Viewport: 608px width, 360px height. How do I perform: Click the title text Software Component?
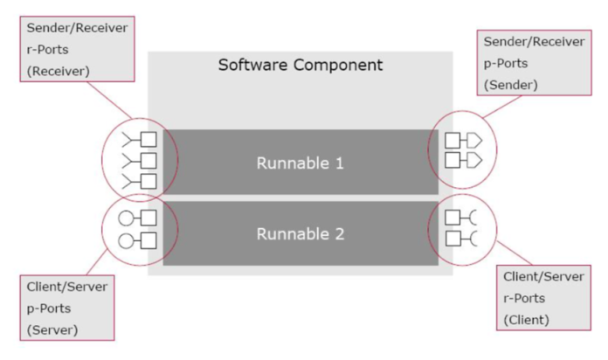[301, 65]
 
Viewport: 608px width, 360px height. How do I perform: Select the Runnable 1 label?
[301, 163]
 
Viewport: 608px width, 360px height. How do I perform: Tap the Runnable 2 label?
[301, 234]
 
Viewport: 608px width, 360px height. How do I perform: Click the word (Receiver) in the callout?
[59, 72]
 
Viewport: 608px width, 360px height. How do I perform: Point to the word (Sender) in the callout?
[511, 85]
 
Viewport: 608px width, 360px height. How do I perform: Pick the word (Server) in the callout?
[52, 330]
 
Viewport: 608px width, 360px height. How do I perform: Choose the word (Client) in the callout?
[526, 320]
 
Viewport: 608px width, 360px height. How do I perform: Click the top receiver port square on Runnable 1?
[149, 139]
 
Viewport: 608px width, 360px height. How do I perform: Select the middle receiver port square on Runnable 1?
[149, 161]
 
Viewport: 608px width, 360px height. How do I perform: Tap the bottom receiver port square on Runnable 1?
[149, 182]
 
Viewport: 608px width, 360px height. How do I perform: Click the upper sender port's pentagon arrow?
[474, 141]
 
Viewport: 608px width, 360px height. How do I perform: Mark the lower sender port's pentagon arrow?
[474, 160]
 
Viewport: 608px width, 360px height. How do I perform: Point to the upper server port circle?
[126, 218]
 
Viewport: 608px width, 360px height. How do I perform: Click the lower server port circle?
[126, 241]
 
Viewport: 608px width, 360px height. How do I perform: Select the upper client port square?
[453, 218]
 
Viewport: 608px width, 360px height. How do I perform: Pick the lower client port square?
[453, 239]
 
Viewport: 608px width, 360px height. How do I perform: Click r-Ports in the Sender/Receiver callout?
[47, 50]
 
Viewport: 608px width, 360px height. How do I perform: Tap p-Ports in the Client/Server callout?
[49, 308]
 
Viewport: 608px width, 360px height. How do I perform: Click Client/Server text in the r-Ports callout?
[543, 277]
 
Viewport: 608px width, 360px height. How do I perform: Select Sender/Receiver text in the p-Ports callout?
[534, 42]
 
